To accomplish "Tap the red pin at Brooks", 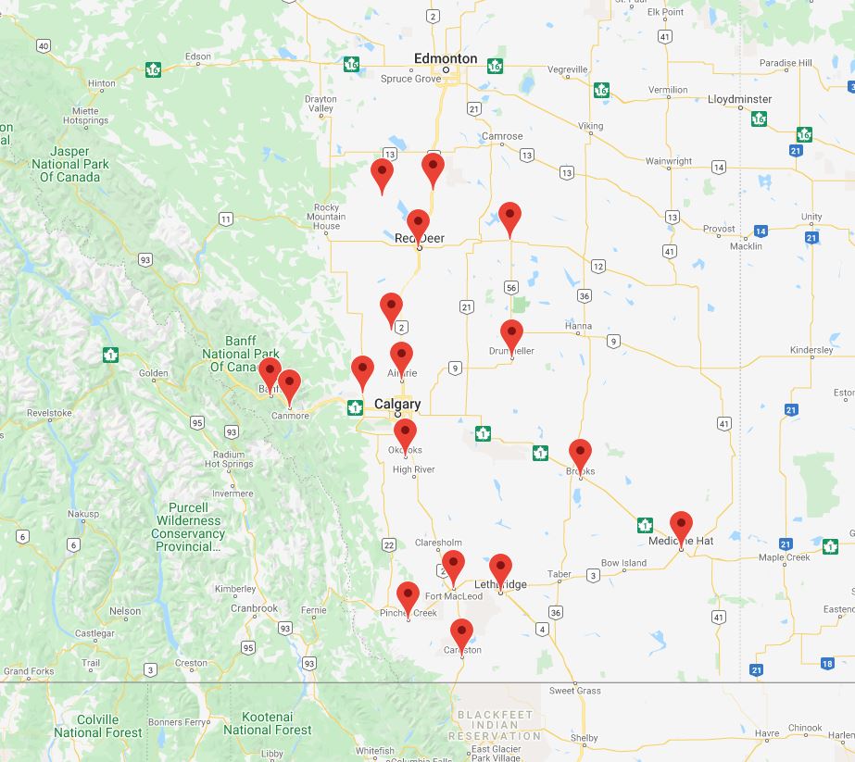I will tap(580, 455).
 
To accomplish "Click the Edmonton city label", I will tap(446, 58).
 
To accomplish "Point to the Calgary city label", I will tap(397, 404).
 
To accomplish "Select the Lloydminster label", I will tap(739, 98).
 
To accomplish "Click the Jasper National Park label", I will tap(69, 164).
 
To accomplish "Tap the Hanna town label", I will tap(578, 326).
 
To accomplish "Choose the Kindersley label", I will tap(811, 351).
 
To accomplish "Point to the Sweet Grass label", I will tap(574, 691).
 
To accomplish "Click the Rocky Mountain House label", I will tap(327, 217).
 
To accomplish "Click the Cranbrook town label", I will tap(255, 608).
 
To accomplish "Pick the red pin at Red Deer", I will tap(418, 225).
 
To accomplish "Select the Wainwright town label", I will tap(669, 161).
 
